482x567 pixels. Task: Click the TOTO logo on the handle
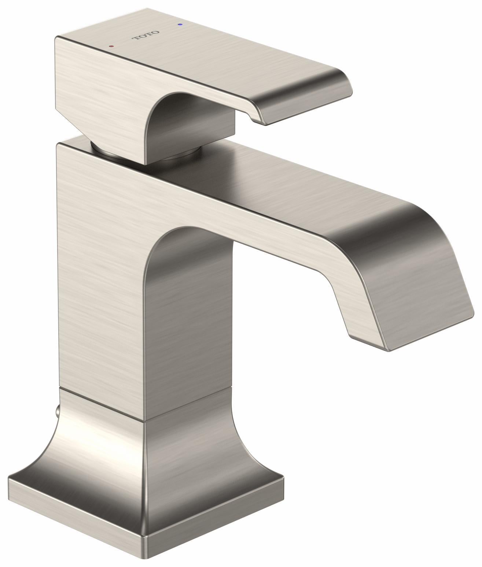click(x=146, y=37)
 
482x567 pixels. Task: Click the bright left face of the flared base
click(x=95, y=458)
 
